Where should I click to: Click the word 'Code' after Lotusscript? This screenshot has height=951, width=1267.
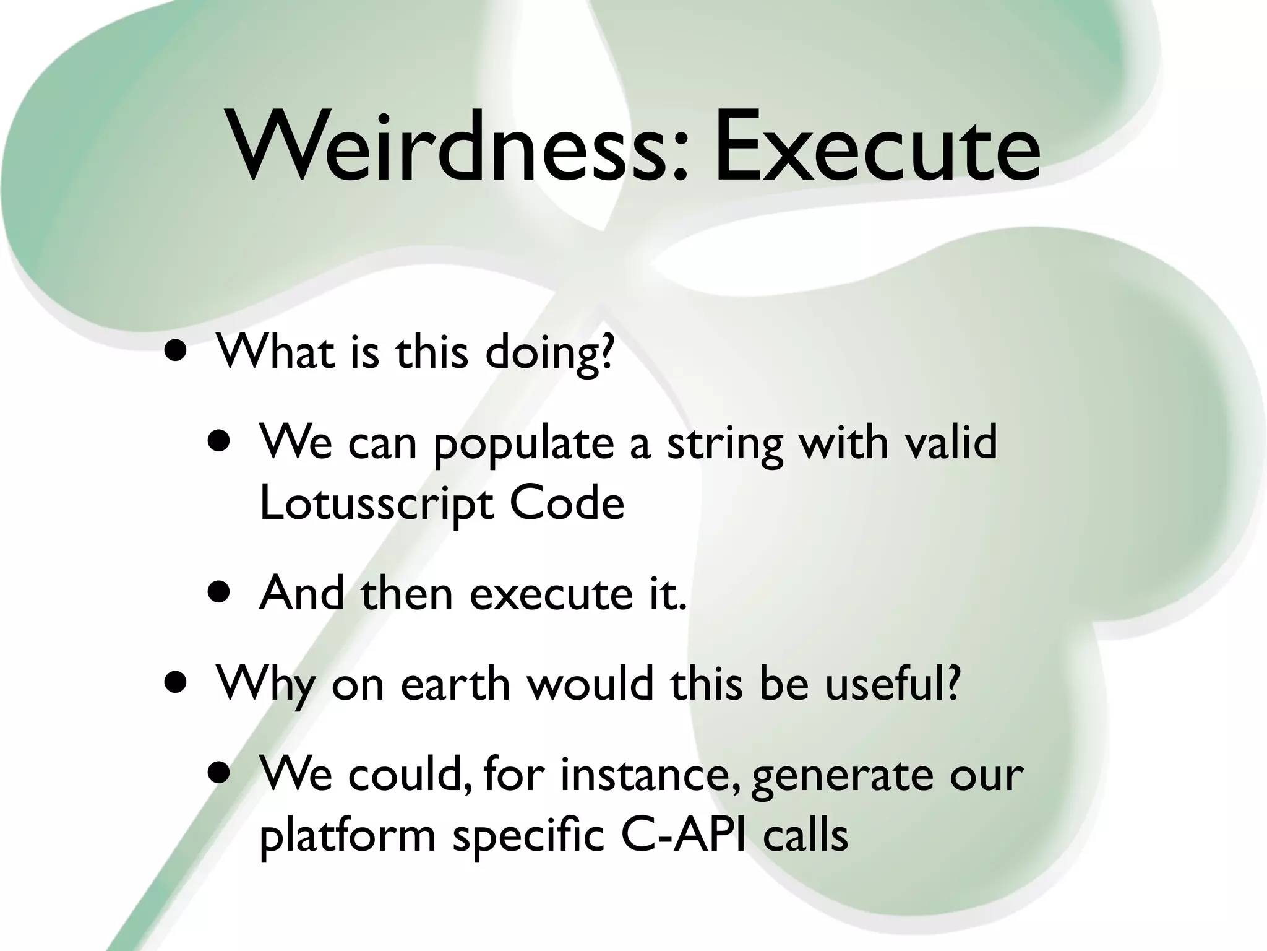point(567,503)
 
